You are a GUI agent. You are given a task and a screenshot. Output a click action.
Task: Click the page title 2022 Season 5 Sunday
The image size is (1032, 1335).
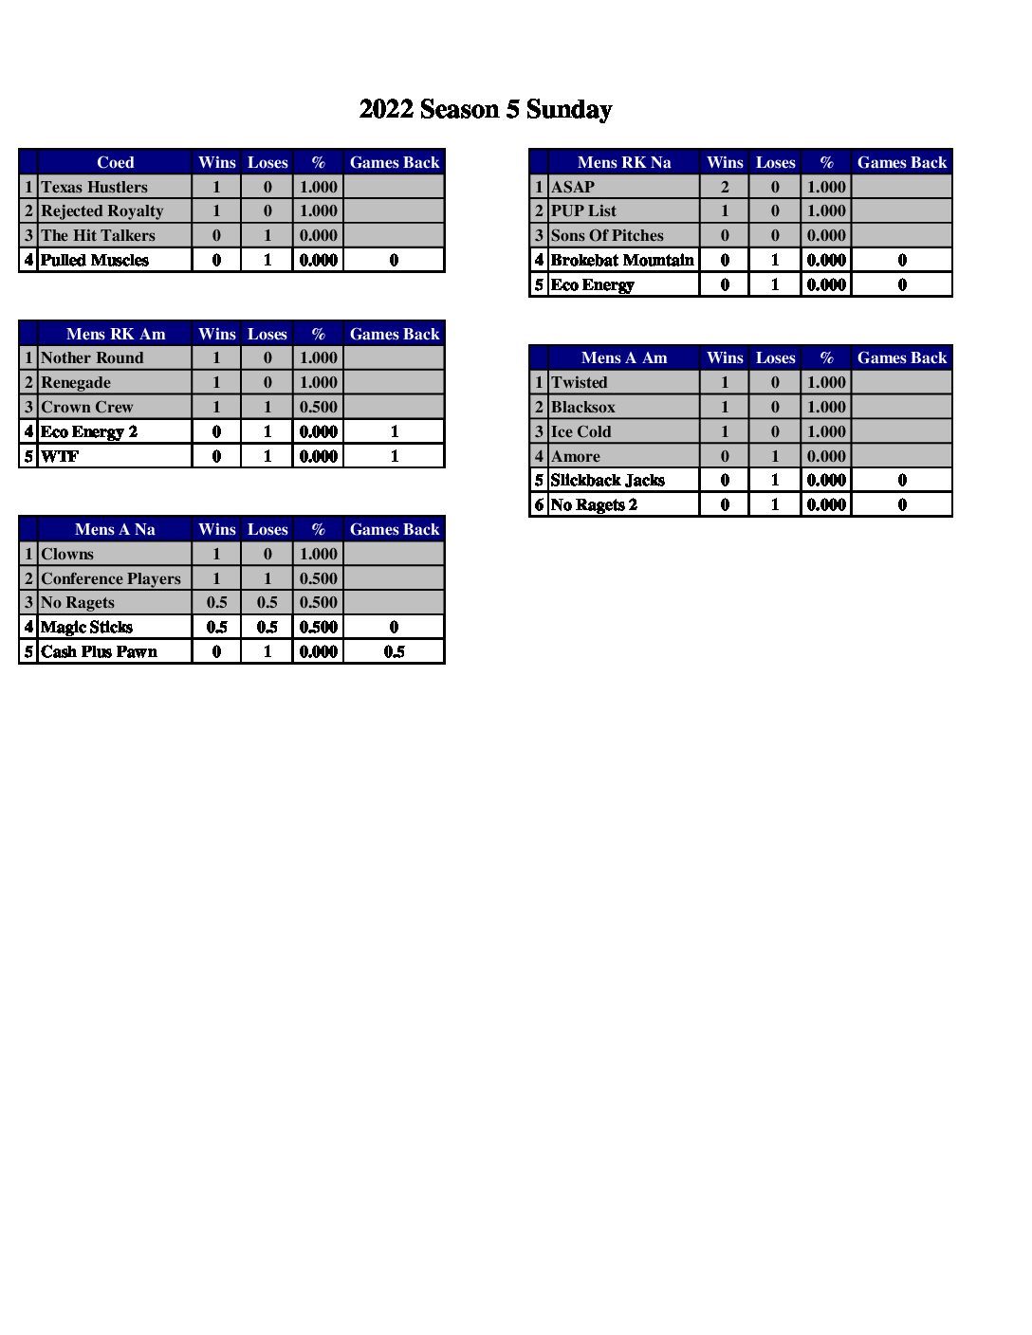(x=485, y=110)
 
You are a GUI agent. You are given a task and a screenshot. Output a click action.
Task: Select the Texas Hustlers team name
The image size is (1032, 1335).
(x=94, y=187)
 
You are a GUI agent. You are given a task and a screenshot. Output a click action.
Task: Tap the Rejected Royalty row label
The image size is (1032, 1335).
(x=101, y=210)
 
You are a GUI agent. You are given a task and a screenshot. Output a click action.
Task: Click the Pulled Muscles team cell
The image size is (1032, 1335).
(x=95, y=260)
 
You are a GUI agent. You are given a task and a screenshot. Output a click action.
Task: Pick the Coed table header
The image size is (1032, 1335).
(x=115, y=162)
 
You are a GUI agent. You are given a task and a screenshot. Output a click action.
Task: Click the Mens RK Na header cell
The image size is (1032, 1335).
(x=623, y=162)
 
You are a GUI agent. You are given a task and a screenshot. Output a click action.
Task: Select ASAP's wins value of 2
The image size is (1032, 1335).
(x=725, y=187)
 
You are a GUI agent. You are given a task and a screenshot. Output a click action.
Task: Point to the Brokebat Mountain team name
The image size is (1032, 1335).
(x=622, y=260)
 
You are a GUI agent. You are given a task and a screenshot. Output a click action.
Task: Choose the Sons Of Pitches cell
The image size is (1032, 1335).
(x=607, y=235)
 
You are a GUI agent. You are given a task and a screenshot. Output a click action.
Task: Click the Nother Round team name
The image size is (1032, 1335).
(x=92, y=357)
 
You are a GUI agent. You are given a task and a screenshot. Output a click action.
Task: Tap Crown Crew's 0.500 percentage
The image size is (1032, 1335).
(x=318, y=407)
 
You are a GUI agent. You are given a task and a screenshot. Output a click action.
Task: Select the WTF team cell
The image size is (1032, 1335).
(x=60, y=456)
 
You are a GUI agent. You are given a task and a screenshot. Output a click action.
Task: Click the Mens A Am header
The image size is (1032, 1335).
(x=623, y=357)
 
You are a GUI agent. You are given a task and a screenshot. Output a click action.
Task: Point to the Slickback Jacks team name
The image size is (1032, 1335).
(x=607, y=480)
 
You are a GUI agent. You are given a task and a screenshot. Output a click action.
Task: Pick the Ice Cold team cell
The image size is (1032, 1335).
(x=580, y=431)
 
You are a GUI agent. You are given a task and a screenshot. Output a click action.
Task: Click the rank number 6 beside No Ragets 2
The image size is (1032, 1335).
(x=539, y=504)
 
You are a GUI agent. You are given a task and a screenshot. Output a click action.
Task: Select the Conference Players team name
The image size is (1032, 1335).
(x=110, y=578)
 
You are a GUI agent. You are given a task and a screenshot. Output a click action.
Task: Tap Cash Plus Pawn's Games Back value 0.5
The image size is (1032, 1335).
(x=394, y=651)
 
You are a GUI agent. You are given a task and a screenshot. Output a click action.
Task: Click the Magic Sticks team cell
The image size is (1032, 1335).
(x=86, y=627)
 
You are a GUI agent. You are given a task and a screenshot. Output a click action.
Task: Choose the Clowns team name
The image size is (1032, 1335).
(x=67, y=554)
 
